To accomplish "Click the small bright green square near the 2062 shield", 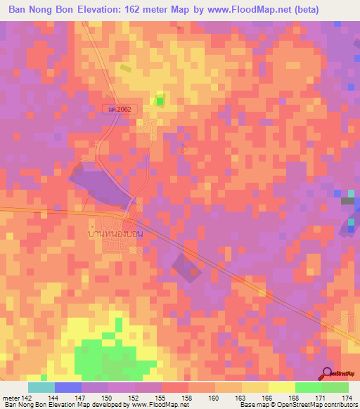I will coord(160,101).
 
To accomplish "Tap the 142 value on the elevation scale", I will coord(27,398).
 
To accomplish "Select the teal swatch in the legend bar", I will coord(41,387).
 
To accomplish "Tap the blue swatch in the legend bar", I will coord(67,387).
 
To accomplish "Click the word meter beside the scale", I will coord(10,398).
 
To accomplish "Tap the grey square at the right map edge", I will coord(347,201).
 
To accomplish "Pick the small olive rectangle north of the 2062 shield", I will coord(125,68).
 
